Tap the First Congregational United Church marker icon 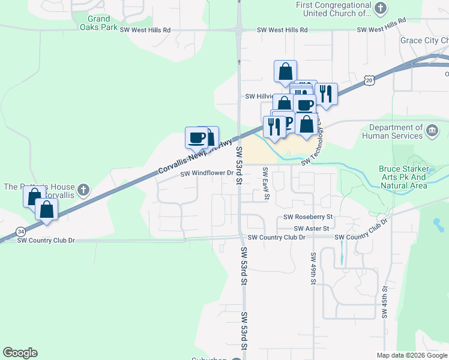pyautogui.click(x=381, y=8)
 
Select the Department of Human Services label pyautogui.click(x=396, y=131)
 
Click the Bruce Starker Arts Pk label pyautogui.click(x=403, y=177)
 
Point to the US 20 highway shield pyautogui.click(x=369, y=80)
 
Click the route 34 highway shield pyautogui.click(x=20, y=231)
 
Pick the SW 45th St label pyautogui.click(x=385, y=302)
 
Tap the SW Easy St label pyautogui.click(x=265, y=184)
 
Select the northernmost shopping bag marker pyautogui.click(x=285, y=71)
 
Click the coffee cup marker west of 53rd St pyautogui.click(x=196, y=137)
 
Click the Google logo pyautogui.click(x=20, y=353)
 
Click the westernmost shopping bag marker pyautogui.click(x=34, y=196)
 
